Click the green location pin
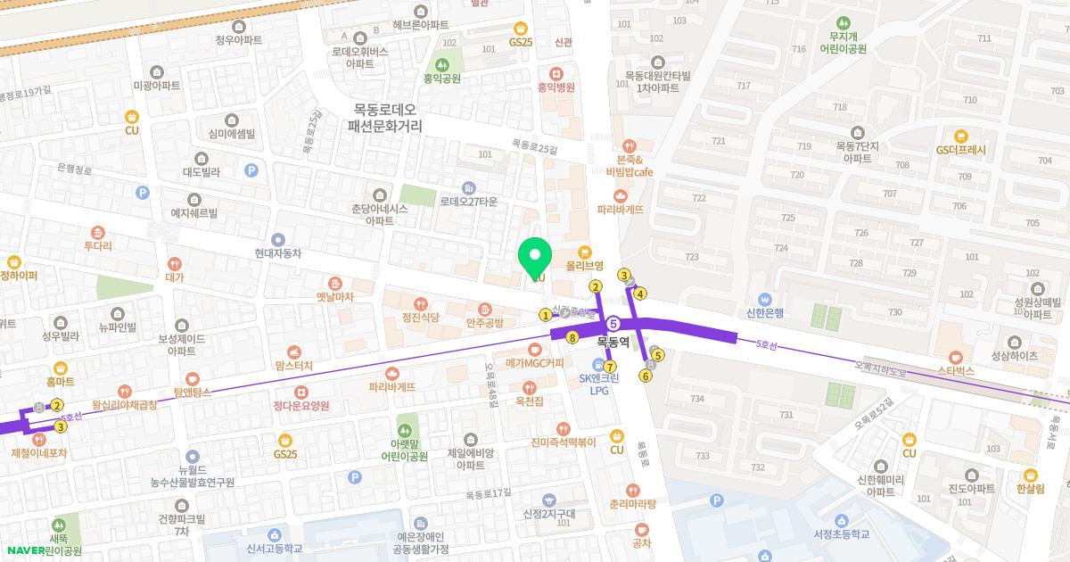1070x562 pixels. pyautogui.click(x=535, y=258)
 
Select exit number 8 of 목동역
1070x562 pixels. pyautogui.click(x=572, y=338)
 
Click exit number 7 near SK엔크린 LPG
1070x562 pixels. pyautogui.click(x=610, y=367)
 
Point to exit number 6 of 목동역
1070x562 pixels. pyautogui.click(x=646, y=376)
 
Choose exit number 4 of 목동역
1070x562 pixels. pyautogui.click(x=640, y=293)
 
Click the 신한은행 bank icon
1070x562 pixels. pyautogui.click(x=765, y=298)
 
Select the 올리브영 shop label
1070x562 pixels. pyautogui.click(x=585, y=265)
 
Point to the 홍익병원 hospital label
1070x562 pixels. pyautogui.click(x=556, y=87)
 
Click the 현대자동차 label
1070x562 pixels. pyautogui.click(x=278, y=253)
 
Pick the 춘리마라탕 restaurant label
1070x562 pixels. pyautogui.click(x=633, y=503)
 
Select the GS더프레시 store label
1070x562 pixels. pyautogui.click(x=960, y=150)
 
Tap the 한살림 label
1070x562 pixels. pyautogui.click(x=1030, y=489)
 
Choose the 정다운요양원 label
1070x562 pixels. pyautogui.click(x=301, y=405)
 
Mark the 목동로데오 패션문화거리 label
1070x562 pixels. pyautogui.click(x=384, y=117)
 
